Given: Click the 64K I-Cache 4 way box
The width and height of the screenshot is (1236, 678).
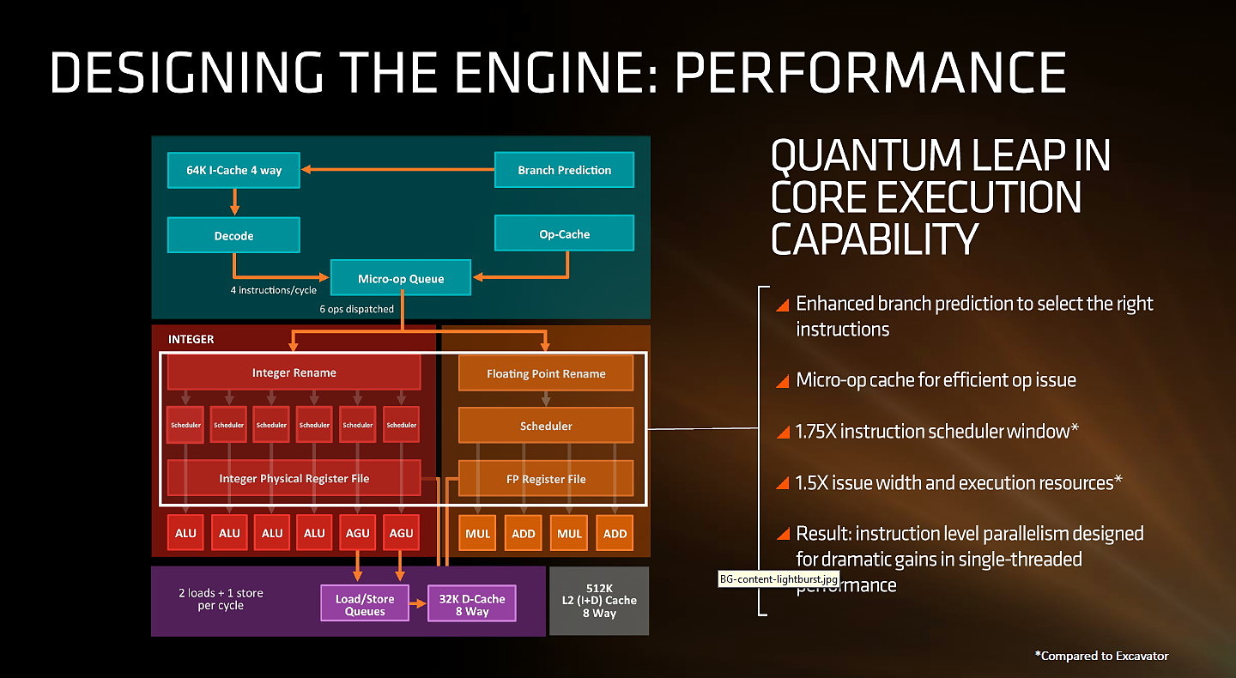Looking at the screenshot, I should tap(234, 170).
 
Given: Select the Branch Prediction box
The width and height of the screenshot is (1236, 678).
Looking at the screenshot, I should tap(564, 170).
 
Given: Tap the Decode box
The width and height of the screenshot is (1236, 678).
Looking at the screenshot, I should tap(233, 235).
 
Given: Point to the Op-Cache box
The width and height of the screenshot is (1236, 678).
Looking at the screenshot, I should tap(564, 233).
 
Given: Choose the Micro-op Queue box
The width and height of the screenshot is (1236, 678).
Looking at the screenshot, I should tap(401, 278).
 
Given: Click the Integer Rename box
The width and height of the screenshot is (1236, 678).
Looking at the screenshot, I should tap(294, 372).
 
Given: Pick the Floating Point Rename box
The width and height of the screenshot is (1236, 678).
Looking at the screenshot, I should tap(546, 373).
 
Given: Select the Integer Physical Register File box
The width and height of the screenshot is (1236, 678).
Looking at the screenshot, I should tap(294, 478).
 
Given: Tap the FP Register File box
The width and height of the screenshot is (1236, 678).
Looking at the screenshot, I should tap(546, 479).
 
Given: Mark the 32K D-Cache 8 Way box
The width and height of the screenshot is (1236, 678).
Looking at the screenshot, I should tap(472, 604).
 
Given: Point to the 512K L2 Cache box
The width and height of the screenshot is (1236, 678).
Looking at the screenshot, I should tap(599, 601).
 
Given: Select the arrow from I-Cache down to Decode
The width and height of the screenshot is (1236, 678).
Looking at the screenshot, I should tap(234, 202).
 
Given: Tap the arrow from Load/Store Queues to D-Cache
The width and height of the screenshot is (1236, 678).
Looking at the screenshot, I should tap(418, 604).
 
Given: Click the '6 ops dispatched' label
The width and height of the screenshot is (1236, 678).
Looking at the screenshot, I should tap(357, 309).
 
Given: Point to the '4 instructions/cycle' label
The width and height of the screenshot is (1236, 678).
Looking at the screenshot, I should tap(273, 290).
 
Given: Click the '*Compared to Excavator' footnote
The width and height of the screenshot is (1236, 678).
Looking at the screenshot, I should tap(1102, 656).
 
